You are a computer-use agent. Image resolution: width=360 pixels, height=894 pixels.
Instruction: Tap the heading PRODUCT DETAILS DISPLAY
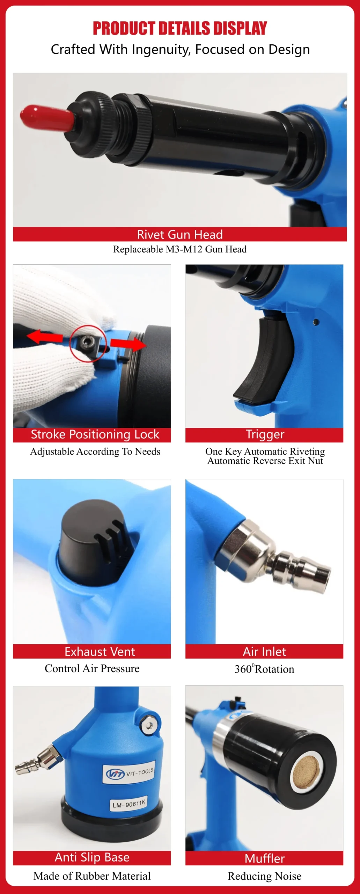point(180,29)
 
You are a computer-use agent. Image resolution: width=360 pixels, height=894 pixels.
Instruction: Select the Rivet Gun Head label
point(180,234)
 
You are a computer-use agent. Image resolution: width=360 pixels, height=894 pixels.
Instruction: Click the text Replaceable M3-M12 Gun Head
point(180,249)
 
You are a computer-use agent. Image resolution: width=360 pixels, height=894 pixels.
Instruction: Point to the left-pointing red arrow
point(45,337)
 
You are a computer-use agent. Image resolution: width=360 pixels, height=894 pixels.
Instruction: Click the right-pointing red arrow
point(128,344)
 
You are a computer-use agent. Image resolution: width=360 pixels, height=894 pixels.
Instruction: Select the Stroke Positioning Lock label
point(95,434)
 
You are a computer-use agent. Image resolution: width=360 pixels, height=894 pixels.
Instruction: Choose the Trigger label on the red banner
point(265,434)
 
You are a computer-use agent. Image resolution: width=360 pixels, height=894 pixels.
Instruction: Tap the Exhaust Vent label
point(100,652)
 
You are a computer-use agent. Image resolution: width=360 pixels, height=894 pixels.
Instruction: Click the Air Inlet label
point(264,652)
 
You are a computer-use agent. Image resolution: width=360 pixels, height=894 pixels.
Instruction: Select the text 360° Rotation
point(264,669)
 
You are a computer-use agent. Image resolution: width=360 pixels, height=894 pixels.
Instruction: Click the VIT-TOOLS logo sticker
point(130,773)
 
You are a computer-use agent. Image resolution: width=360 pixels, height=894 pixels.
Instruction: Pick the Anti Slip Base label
point(92,857)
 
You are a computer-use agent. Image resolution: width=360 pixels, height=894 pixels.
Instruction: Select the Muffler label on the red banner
point(265,859)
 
